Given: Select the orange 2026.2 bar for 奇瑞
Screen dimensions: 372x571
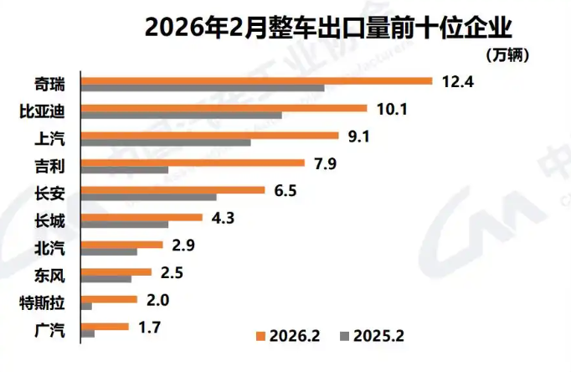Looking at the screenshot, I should pos(256,80).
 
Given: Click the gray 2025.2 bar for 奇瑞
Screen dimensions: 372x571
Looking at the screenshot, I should pos(202,89).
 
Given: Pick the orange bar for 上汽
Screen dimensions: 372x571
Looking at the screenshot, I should pos(209,135).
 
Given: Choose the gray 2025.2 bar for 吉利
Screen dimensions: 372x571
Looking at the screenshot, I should pos(124,170).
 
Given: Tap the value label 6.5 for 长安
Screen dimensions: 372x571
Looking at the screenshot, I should pos(285,190).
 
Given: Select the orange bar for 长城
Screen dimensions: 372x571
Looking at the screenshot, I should pos(141,217).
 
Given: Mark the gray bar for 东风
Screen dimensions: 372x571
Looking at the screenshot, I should pos(105,279).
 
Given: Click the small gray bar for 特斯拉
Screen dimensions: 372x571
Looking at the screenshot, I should pos(86,307).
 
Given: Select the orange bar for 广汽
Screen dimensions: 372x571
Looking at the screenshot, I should pos(104,326).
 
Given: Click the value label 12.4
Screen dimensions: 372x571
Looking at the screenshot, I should pos(456,81).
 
